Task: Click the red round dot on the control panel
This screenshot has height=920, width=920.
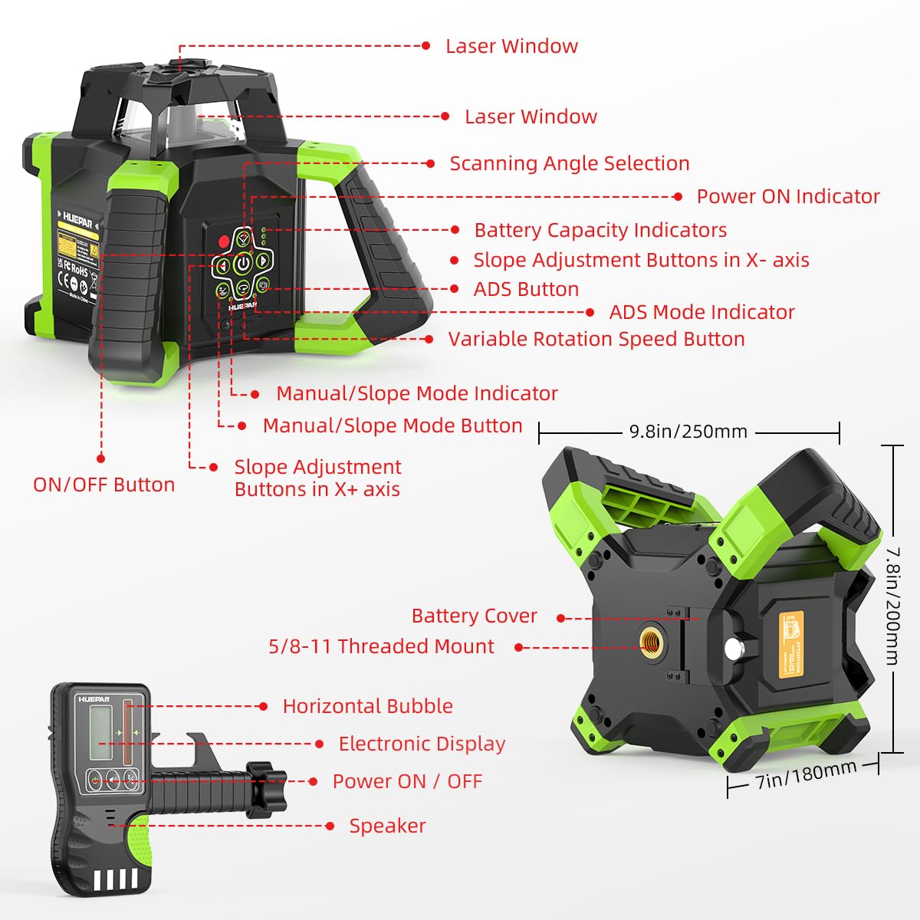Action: pos(223,241)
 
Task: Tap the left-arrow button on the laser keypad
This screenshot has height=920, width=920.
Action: pos(222,265)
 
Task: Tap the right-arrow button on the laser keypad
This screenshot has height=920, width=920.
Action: pos(262,261)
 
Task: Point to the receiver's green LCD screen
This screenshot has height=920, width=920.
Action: pos(100,732)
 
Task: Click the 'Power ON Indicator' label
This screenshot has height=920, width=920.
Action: pos(787,196)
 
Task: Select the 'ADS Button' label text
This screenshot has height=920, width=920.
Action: pos(526,289)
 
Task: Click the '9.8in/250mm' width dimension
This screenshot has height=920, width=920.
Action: pos(688,432)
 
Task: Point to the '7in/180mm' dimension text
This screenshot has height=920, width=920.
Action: pos(806,776)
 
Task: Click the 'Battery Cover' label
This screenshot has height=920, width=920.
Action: pos(474,616)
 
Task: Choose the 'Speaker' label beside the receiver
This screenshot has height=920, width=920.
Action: pos(387,826)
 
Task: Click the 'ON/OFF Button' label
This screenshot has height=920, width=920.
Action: pos(103,485)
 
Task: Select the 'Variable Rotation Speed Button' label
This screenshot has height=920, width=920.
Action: pos(596,339)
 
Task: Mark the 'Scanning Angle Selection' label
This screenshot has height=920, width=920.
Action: pos(569,163)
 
